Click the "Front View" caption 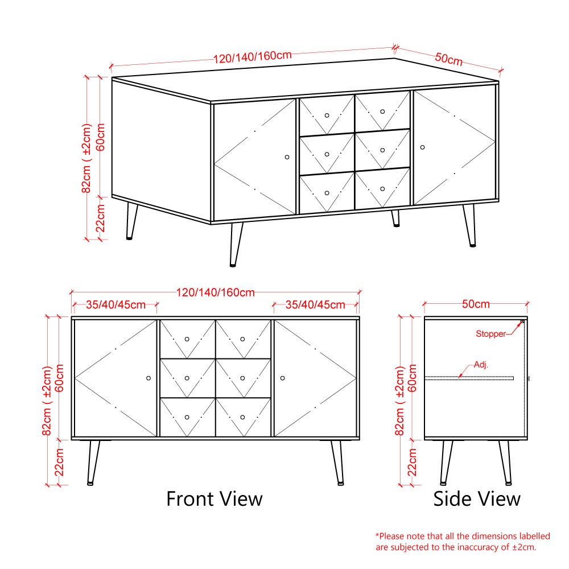click(214, 498)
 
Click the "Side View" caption click(477, 498)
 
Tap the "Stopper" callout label click(490, 333)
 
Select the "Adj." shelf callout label click(481, 364)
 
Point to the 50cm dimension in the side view click(476, 304)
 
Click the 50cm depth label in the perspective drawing click(449, 59)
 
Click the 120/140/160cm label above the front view click(216, 292)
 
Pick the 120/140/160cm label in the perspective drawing click(252, 57)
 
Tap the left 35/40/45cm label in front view click(116, 305)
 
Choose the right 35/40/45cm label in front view click(315, 305)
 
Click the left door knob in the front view click(149, 378)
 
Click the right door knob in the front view click(282, 378)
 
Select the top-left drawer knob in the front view click(187, 339)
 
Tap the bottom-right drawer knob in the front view click(242, 417)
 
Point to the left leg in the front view click(93, 463)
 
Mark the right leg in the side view click(505, 463)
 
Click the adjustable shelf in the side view click(469, 378)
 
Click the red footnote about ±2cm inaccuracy click(463, 542)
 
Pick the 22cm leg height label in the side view click(412, 462)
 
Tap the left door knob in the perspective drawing click(287, 157)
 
